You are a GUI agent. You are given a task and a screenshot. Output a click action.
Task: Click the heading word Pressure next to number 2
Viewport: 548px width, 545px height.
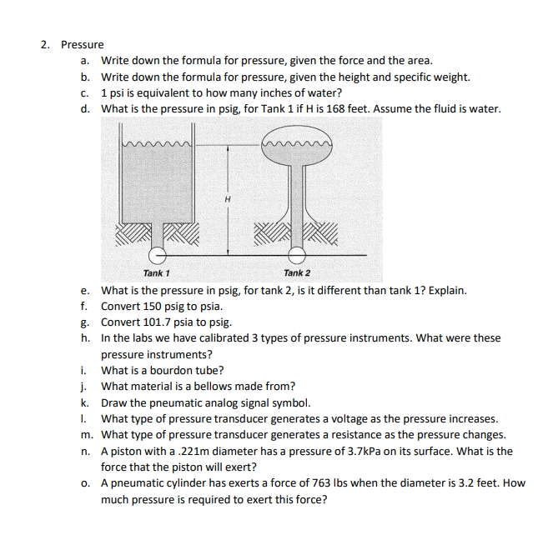(83, 44)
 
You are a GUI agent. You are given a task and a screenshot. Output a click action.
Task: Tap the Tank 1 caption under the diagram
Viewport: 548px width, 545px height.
(156, 273)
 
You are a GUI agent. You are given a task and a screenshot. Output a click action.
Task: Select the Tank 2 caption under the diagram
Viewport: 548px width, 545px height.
(296, 273)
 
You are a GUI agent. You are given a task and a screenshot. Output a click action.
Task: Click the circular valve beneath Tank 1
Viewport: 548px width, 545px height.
(156, 254)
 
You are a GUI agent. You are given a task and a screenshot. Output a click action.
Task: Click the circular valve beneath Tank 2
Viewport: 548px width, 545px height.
(296, 254)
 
